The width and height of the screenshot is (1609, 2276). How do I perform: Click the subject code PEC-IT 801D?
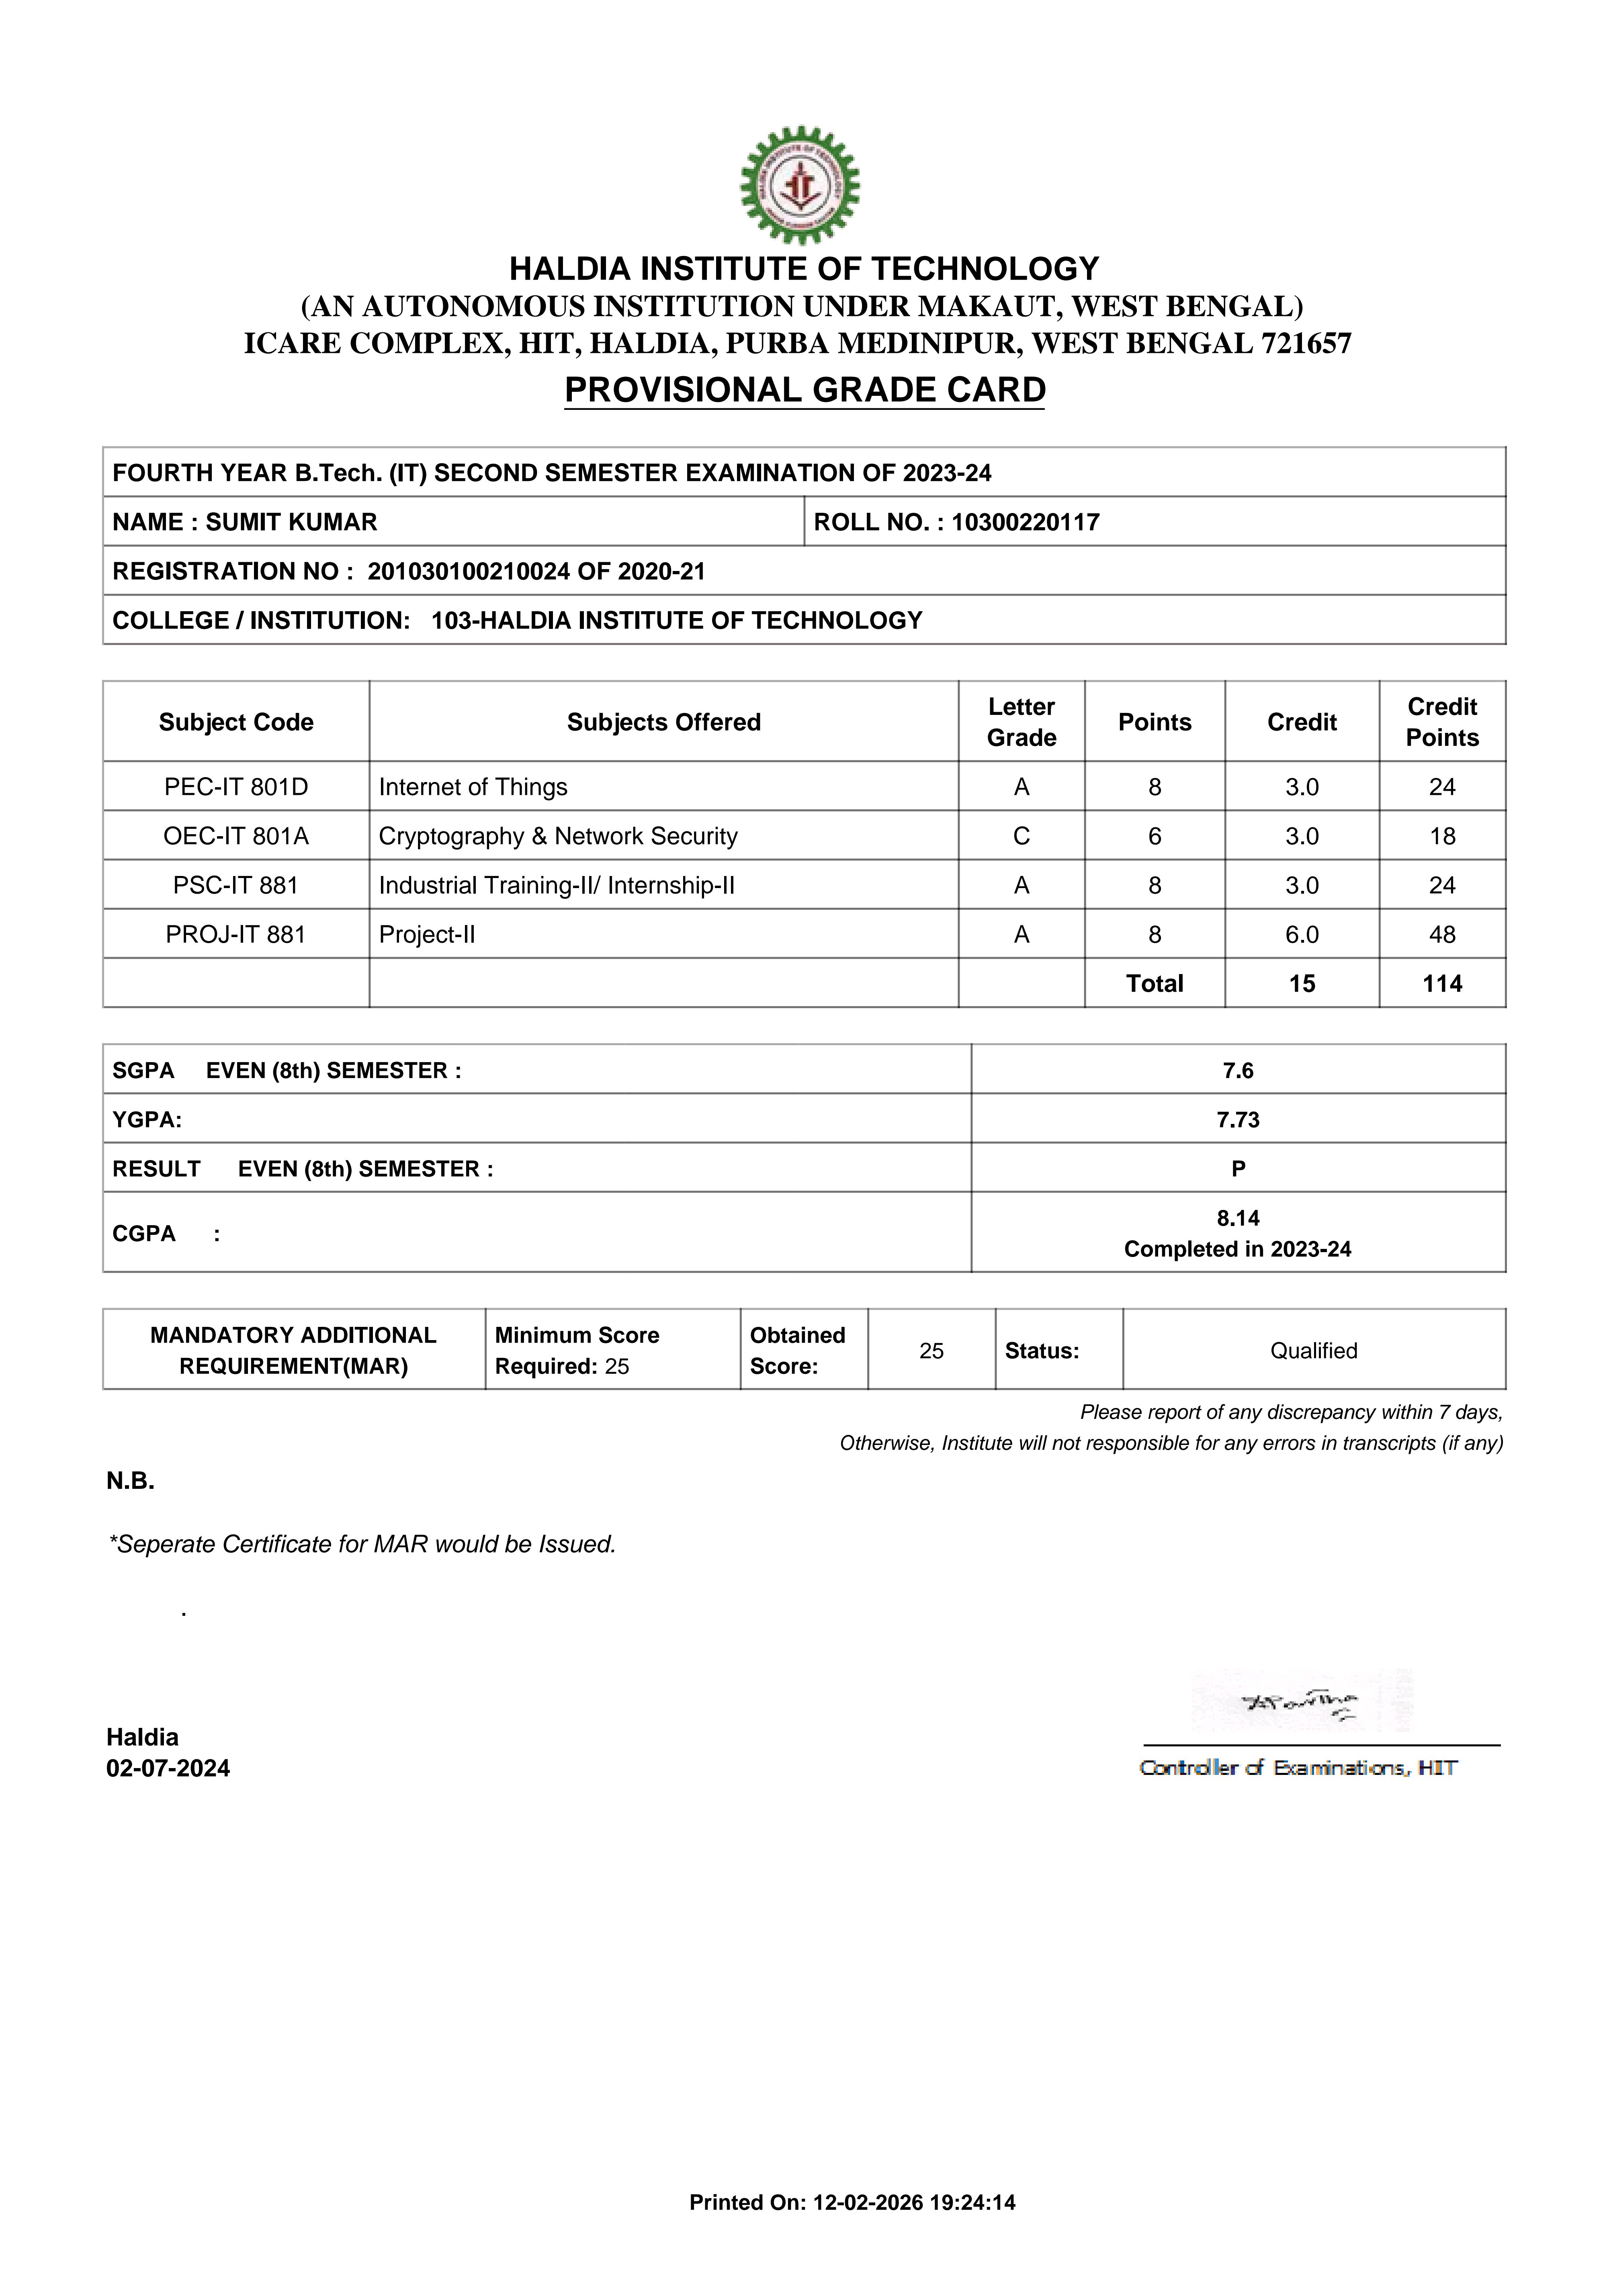[236, 787]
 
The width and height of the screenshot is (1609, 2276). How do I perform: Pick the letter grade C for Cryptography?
[1021, 837]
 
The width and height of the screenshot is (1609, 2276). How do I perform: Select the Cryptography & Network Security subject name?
[558, 837]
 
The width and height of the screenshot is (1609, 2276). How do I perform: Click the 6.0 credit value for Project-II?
[1302, 935]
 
